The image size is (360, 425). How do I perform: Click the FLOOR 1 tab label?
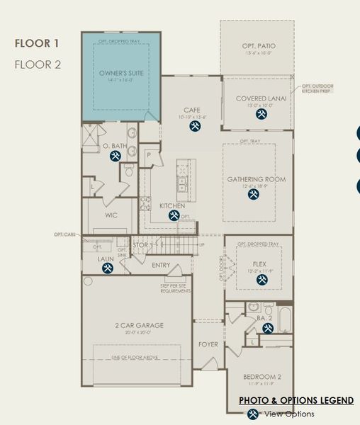38,43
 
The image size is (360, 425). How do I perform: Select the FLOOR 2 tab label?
38,64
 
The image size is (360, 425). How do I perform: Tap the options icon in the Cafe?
196,126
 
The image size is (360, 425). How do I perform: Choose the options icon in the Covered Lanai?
261,114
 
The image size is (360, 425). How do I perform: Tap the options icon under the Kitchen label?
174,215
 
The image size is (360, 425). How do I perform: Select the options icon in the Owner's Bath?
115,157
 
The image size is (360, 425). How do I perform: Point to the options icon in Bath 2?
268,328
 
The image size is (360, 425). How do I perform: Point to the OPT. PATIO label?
257,47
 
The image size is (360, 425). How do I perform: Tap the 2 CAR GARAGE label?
140,325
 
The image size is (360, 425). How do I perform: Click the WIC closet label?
111,215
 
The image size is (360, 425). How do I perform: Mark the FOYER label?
208,345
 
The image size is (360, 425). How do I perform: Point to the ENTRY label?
161,265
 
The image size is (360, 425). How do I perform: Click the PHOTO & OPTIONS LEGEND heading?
296,400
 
